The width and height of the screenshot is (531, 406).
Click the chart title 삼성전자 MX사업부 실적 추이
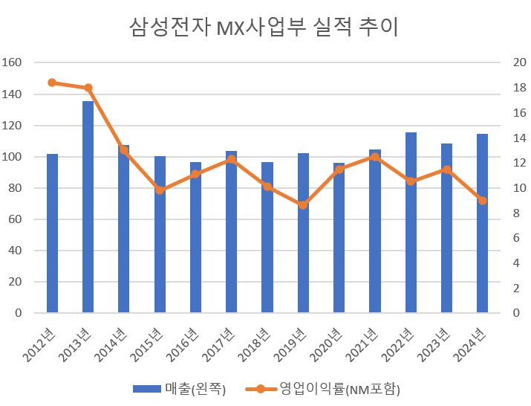(x=265, y=28)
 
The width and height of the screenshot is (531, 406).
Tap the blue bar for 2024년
(x=482, y=223)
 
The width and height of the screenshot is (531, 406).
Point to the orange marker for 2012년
(x=52, y=83)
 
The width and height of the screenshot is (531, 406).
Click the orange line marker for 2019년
(x=303, y=204)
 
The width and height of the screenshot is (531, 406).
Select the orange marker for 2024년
(x=482, y=201)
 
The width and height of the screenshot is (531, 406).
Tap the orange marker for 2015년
(x=160, y=190)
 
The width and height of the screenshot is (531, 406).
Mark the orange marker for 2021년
(x=375, y=157)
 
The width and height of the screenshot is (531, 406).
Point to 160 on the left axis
(x=13, y=63)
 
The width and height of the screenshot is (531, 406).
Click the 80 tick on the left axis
(x=16, y=188)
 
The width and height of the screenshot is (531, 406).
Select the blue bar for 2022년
(x=411, y=222)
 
